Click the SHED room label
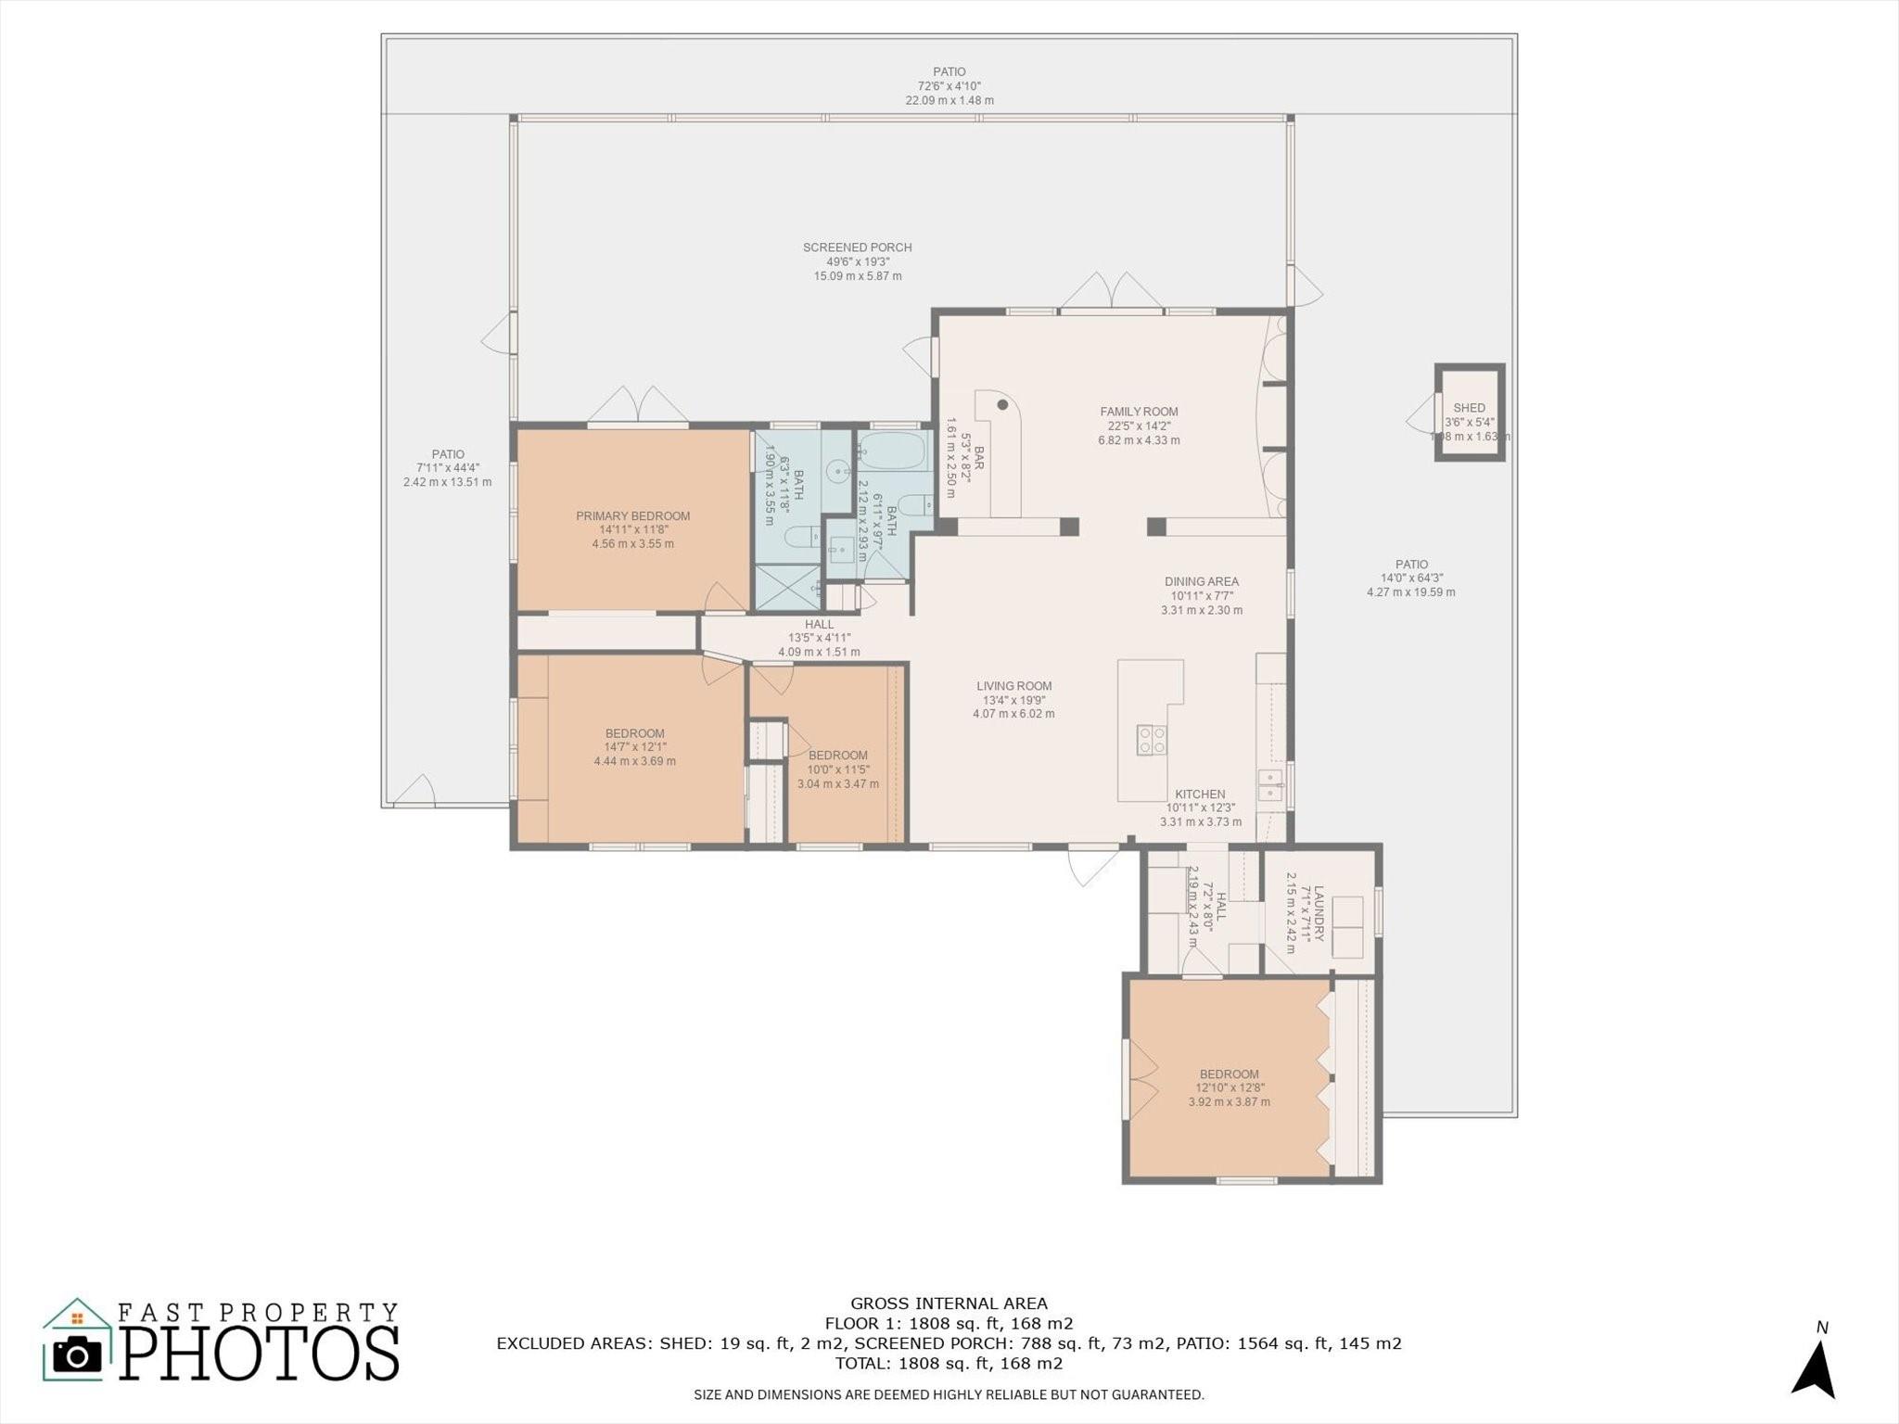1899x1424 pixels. [x=1469, y=408]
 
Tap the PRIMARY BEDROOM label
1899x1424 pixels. [x=633, y=516]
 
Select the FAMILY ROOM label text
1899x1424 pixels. [x=1139, y=412]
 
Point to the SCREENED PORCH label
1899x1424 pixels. [x=858, y=248]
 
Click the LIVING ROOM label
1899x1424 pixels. [x=1013, y=686]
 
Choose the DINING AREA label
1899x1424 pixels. [x=1202, y=581]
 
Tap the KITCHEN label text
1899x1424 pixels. [x=1200, y=795]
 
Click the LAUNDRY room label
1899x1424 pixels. [x=1319, y=913]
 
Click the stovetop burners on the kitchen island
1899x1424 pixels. [x=1152, y=740]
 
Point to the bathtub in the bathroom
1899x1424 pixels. [x=895, y=451]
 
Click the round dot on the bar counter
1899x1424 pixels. [x=1002, y=404]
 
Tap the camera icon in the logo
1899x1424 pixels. [x=77, y=1355]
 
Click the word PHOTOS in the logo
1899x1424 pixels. [x=260, y=1354]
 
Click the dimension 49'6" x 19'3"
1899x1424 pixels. [x=858, y=261]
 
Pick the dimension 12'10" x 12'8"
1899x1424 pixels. [x=1230, y=1088]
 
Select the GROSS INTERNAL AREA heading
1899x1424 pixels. [x=949, y=1303]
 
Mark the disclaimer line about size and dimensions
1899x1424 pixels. [x=949, y=1394]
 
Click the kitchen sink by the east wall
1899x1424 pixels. [x=1269, y=784]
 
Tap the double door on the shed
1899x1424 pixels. [x=1421, y=413]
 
